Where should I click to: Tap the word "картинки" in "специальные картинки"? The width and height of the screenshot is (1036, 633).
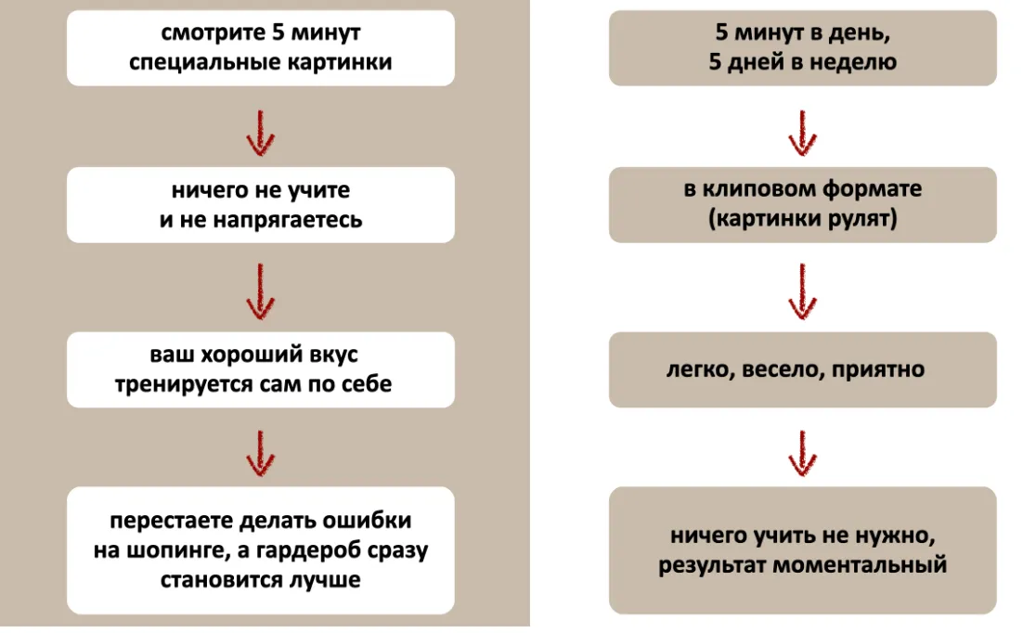[x=340, y=63]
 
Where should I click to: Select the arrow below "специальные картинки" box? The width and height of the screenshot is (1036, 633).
[x=260, y=132]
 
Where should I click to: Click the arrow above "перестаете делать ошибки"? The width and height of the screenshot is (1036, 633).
[x=260, y=452]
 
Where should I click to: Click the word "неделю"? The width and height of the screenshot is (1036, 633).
[x=858, y=63]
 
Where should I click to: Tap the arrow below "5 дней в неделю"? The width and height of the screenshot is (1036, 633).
[x=802, y=132]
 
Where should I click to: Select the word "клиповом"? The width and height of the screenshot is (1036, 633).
[x=762, y=190]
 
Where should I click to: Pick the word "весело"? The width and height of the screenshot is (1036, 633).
[x=776, y=369]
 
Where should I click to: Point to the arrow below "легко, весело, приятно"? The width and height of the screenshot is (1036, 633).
[x=802, y=452]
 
